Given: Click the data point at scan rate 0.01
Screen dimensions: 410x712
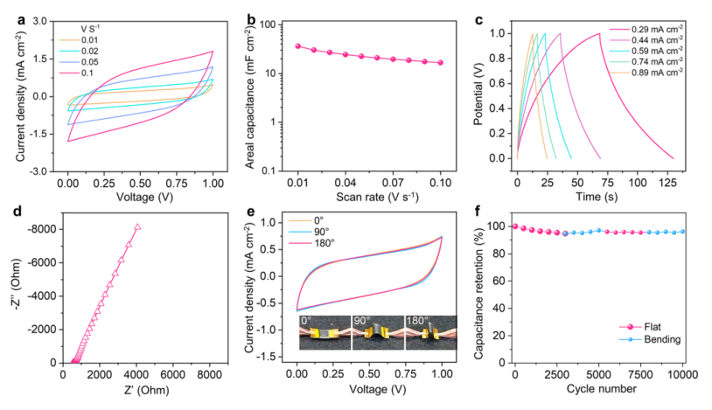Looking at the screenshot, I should [298, 45].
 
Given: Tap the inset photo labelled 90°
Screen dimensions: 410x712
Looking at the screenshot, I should [378, 333].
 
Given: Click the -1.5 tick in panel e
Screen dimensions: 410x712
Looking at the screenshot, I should [279, 357].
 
